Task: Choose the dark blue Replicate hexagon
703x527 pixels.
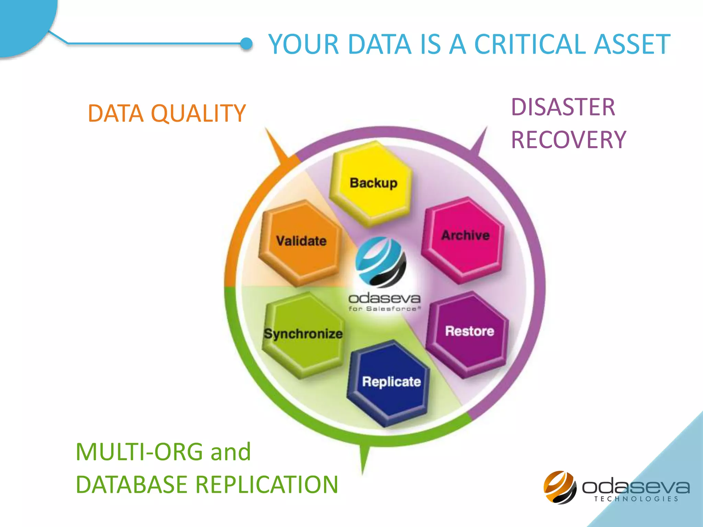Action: (x=390, y=383)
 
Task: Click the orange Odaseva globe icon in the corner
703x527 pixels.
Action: (x=560, y=487)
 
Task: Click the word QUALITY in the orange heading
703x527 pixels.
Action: (x=198, y=113)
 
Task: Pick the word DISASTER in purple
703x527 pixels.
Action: (x=563, y=107)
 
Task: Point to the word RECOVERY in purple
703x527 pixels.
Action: (x=568, y=140)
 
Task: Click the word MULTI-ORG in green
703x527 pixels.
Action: (x=139, y=452)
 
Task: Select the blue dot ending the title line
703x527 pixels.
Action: (x=246, y=44)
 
